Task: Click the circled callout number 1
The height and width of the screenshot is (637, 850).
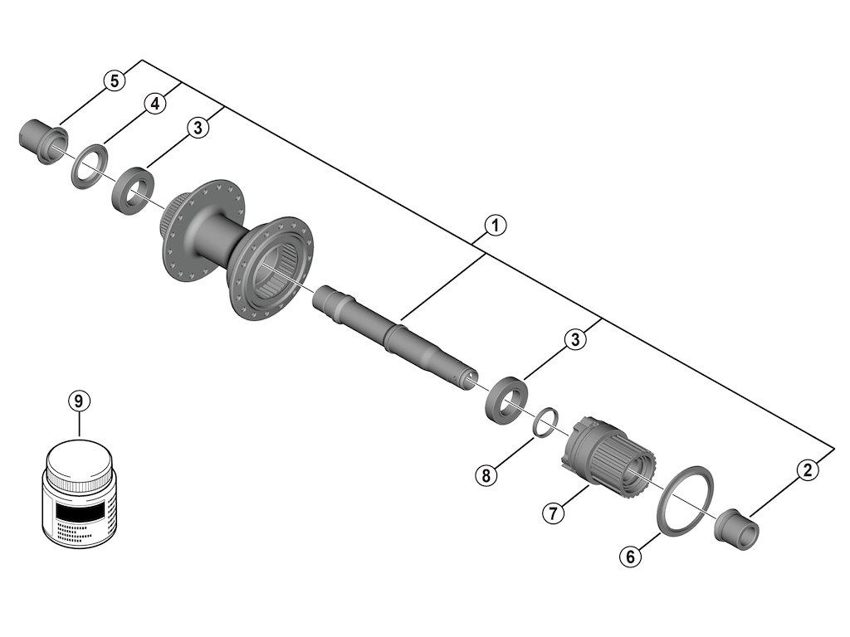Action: pos(495,225)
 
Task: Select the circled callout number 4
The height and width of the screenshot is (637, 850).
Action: pos(153,104)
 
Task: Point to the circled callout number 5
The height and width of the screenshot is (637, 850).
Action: pos(115,80)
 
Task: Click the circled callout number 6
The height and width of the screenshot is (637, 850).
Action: pos(630,557)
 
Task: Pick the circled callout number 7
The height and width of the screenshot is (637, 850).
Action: pos(554,513)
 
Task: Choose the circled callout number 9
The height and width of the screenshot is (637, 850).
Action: pos(78,401)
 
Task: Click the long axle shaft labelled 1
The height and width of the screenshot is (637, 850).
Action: pos(390,336)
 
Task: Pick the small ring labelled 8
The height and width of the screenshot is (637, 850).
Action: pos(544,422)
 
